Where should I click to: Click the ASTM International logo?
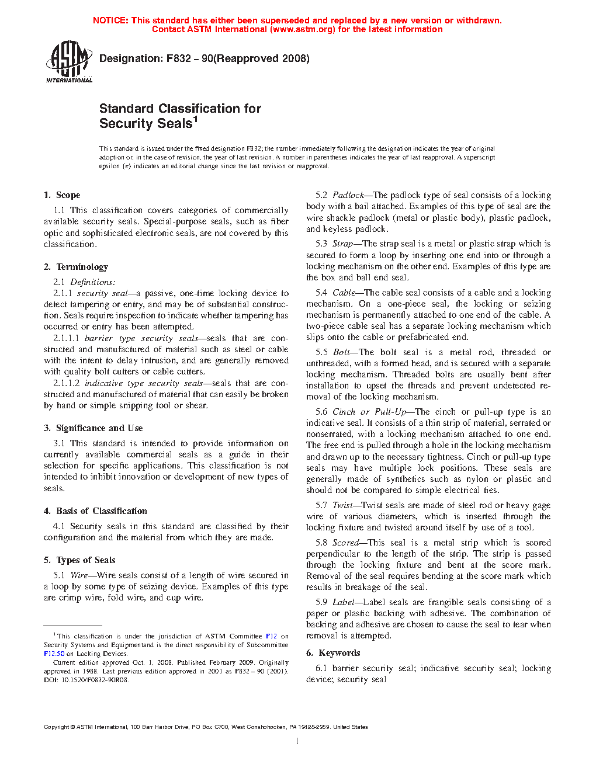[x=68, y=61]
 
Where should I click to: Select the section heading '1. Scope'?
[x=62, y=195]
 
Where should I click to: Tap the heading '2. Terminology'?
[x=76, y=267]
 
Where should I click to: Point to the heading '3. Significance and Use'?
[x=93, y=428]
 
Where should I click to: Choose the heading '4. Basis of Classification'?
[x=95, y=511]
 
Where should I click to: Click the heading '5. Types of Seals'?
[x=79, y=560]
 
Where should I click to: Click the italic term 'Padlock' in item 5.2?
[x=348, y=195]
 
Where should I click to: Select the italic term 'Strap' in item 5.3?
[x=342, y=244]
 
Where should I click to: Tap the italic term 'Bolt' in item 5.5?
[x=341, y=352]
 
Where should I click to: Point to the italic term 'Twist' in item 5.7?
[x=342, y=505]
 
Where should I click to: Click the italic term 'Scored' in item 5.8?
[x=345, y=543]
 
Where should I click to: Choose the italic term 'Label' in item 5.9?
[x=343, y=602]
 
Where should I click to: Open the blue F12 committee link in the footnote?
[x=271, y=636]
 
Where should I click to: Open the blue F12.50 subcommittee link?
[x=54, y=654]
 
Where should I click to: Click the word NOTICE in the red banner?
[x=110, y=20]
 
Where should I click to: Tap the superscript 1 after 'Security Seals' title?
[x=196, y=119]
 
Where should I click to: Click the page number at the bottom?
[x=297, y=741]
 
